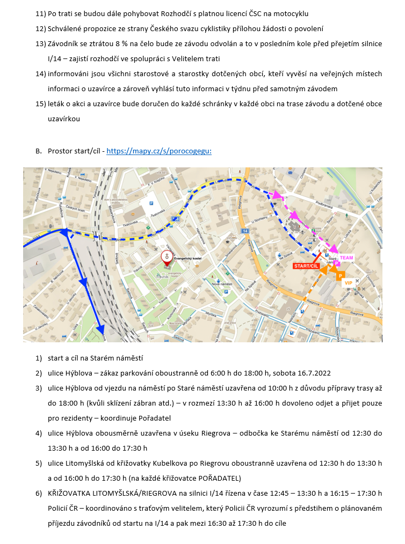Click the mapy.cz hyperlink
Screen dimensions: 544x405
[x=159, y=151]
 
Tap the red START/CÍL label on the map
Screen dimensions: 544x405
[x=306, y=266]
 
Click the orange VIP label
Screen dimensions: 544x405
[x=349, y=282]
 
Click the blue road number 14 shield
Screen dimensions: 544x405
[x=245, y=231]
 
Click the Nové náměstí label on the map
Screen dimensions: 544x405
[x=221, y=283]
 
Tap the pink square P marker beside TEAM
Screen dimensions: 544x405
[x=337, y=263]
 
